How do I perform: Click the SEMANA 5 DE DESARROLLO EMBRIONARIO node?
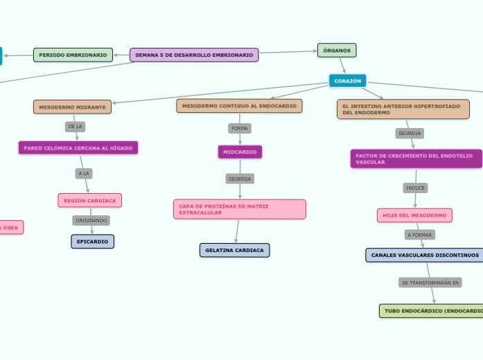coord(194,55)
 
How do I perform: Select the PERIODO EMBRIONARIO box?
coord(73,55)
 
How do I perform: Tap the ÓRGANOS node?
coord(337,50)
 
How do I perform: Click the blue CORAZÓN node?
coord(347,81)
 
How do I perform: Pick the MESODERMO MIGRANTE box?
coord(72,107)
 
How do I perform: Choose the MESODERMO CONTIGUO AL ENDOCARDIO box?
coord(239,106)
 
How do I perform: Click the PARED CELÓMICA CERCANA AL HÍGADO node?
coord(78,147)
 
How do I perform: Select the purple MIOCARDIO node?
coord(240,152)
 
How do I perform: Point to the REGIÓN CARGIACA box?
coord(89,200)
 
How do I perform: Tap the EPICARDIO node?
coord(92,242)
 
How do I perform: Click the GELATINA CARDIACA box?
coord(234,250)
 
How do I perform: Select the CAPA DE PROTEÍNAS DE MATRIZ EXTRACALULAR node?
coord(239,209)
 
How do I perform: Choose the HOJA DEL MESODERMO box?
coord(414,215)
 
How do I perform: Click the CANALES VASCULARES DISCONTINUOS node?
coord(425,255)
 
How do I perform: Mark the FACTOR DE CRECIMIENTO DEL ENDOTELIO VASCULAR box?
coord(416,159)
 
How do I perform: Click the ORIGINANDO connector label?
coord(91,220)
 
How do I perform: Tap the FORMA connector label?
coord(240,128)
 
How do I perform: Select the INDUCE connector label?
coord(415,188)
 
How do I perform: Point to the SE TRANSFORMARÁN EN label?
coord(430,282)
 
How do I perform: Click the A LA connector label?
coord(84,173)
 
